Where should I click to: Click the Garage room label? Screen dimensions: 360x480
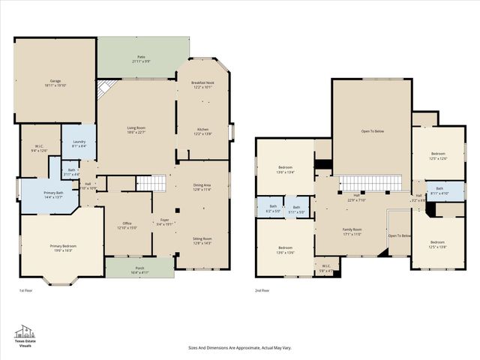[55, 81]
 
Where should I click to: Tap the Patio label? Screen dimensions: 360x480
[141, 57]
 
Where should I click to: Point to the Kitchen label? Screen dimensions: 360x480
[202, 130]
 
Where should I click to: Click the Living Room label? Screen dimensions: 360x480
[136, 128]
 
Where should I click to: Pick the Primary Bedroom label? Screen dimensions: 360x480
[63, 246]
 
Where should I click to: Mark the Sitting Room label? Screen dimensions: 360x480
[202, 239]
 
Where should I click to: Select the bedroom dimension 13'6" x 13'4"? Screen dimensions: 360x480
[286, 172]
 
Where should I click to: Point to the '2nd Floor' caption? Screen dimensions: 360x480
[263, 290]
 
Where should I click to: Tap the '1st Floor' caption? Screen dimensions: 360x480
[26, 290]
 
